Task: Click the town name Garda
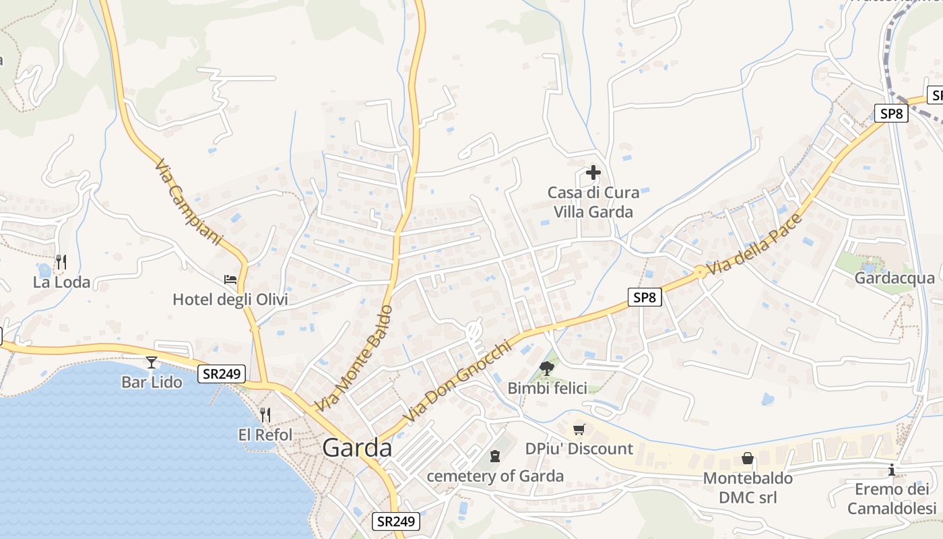[357, 448]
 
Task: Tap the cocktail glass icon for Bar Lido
[152, 362]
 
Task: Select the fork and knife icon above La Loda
[61, 261]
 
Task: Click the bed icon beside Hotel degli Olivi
[230, 279]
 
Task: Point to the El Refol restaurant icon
[265, 414]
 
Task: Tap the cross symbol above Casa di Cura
[593, 172]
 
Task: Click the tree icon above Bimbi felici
[547, 368]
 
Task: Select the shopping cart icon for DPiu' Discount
[579, 429]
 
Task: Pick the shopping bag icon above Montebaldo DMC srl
[748, 459]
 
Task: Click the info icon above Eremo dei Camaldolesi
[892, 470]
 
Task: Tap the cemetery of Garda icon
[495, 456]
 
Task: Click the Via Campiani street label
[188, 202]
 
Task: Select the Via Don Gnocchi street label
[457, 382]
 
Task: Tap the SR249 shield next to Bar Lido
[222, 374]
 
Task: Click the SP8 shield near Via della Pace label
[645, 297]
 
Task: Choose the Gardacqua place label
[895, 278]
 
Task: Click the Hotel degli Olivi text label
[230, 299]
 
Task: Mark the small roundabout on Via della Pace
[700, 272]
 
